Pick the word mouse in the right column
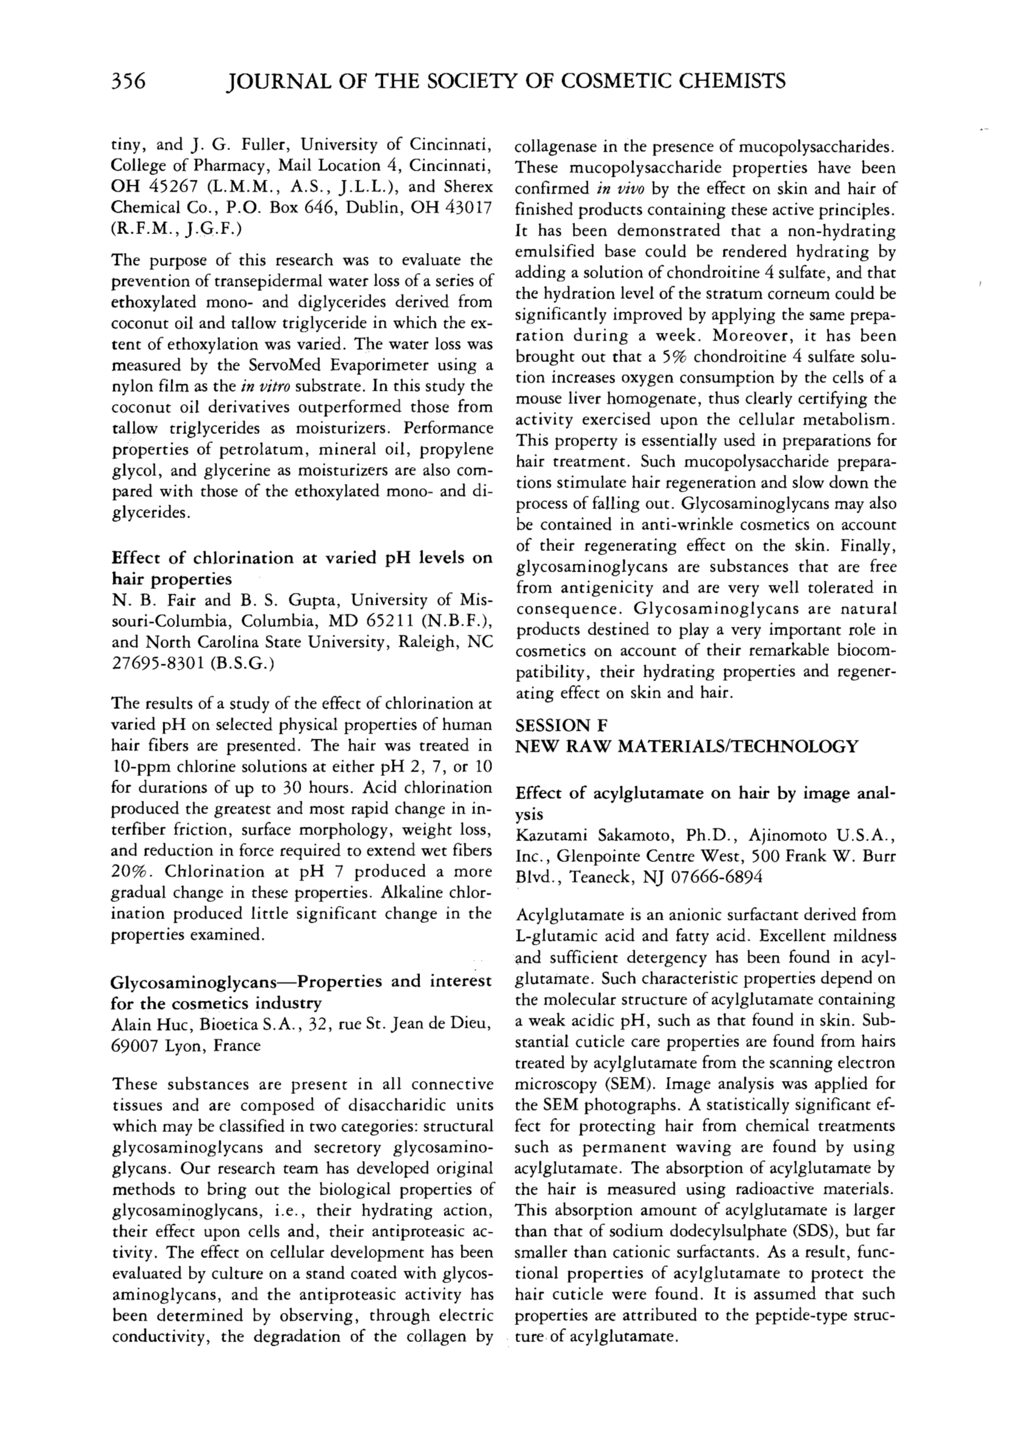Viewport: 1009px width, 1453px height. click(535, 399)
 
